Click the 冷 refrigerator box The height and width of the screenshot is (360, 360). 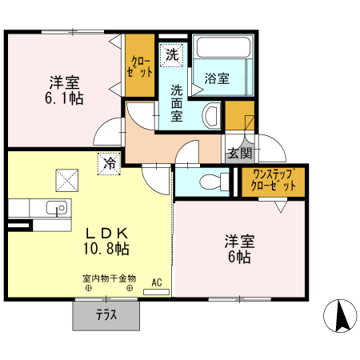pos(109,163)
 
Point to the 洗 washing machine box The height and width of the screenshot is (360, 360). pos(172,55)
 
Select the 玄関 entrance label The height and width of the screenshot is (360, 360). pos(239,153)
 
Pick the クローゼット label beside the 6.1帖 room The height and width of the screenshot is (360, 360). pos(139,67)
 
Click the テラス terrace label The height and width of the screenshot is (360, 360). pos(106,314)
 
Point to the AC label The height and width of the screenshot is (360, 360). pos(157,282)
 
